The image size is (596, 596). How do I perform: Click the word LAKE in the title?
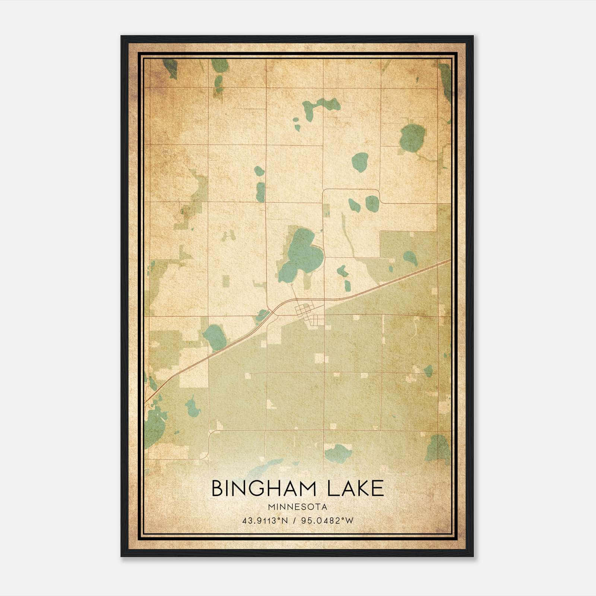click(355, 488)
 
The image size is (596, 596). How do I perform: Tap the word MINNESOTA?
click(298, 507)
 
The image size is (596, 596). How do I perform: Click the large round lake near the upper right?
click(412, 137)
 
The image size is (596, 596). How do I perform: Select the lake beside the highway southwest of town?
click(215, 337)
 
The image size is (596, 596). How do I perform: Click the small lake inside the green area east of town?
click(410, 258)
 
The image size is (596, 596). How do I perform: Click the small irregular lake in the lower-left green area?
click(193, 407)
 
